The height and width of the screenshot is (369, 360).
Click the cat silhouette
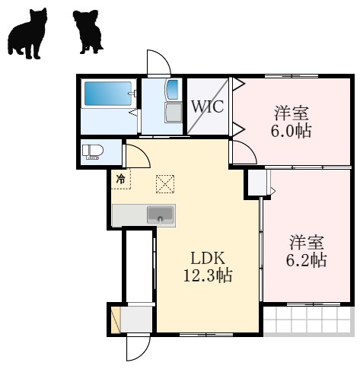[27, 33]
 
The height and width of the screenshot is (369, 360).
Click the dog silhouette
[89, 32]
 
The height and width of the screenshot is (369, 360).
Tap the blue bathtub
[107, 95]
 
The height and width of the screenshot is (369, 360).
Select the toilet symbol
[92, 152]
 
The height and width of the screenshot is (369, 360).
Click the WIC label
[207, 107]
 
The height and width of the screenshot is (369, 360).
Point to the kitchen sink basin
[160, 214]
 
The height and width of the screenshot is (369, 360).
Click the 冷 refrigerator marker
[120, 180]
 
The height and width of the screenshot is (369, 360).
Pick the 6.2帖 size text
[307, 260]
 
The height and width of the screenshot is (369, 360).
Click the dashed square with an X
[164, 183]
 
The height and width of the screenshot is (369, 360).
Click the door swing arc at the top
[158, 62]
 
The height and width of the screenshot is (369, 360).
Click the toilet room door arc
[138, 155]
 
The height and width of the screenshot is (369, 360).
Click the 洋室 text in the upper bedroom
[292, 113]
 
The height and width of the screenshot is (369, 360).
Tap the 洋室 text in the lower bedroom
[307, 243]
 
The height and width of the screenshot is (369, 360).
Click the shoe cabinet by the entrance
[116, 319]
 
